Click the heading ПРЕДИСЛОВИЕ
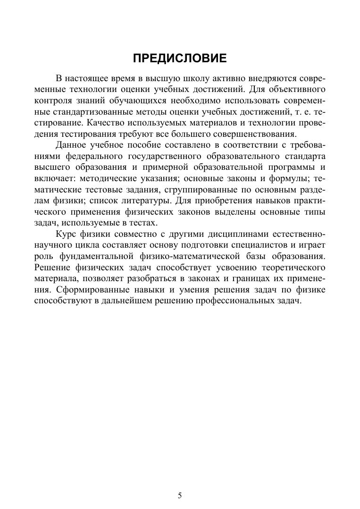[x=180, y=58]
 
